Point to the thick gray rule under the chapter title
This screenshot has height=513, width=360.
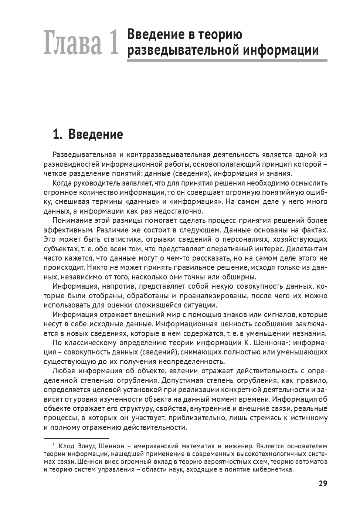tap(227, 60)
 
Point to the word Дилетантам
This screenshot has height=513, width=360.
tap(306, 249)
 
